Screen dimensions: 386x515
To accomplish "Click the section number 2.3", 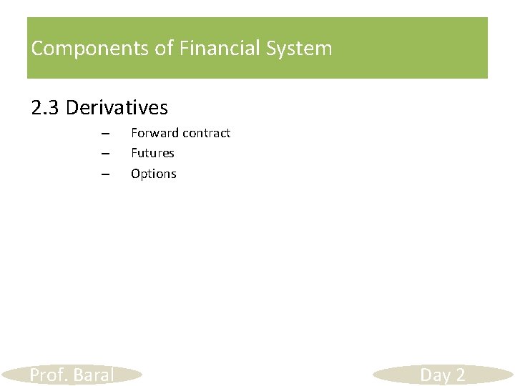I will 46,108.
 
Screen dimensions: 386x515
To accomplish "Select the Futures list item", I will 152,153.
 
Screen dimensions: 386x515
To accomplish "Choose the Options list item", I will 153,174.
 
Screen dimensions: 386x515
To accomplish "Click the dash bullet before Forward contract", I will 104,134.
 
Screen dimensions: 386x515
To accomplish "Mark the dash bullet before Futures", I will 104,154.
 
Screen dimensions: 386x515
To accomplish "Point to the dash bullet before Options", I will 104,174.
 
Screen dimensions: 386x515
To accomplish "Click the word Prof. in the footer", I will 49,375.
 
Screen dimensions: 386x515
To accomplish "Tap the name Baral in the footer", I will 94,375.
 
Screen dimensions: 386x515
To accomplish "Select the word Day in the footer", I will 435,375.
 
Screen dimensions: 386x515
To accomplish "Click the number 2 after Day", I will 459,375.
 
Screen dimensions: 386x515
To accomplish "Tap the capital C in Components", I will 37,49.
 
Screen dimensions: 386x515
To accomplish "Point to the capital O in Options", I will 135,174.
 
